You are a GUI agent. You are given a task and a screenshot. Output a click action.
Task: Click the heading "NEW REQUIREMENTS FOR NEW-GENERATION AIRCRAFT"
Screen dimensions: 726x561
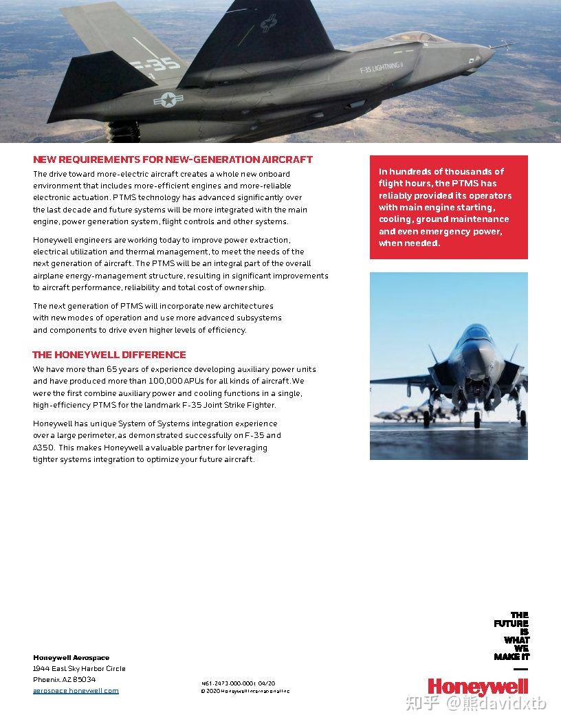173,159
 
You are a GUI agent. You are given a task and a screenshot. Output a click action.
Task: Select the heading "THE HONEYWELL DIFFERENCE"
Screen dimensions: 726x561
109,355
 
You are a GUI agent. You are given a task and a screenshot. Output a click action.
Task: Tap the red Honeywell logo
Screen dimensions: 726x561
478,685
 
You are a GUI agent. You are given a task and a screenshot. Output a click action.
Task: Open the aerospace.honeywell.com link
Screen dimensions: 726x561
76,691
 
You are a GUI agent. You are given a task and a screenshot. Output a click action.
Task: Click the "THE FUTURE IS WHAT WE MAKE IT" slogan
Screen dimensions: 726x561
511,636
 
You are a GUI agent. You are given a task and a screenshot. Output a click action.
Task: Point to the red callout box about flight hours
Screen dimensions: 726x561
448,207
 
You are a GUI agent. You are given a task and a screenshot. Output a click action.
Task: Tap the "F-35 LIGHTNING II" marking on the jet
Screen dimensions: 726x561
381,69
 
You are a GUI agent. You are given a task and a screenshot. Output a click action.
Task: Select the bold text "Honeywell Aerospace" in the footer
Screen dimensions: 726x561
71,658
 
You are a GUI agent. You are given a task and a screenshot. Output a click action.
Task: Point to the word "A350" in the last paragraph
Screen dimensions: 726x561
43,448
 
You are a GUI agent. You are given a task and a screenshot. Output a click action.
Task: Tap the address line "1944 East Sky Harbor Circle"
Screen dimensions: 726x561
79,668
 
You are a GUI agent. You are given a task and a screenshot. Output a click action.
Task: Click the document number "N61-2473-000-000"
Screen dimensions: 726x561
228,683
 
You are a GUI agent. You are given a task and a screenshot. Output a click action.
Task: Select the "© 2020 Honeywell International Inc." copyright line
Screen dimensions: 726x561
245,691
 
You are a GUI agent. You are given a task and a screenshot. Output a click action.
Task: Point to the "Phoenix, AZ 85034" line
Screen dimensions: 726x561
65,679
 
